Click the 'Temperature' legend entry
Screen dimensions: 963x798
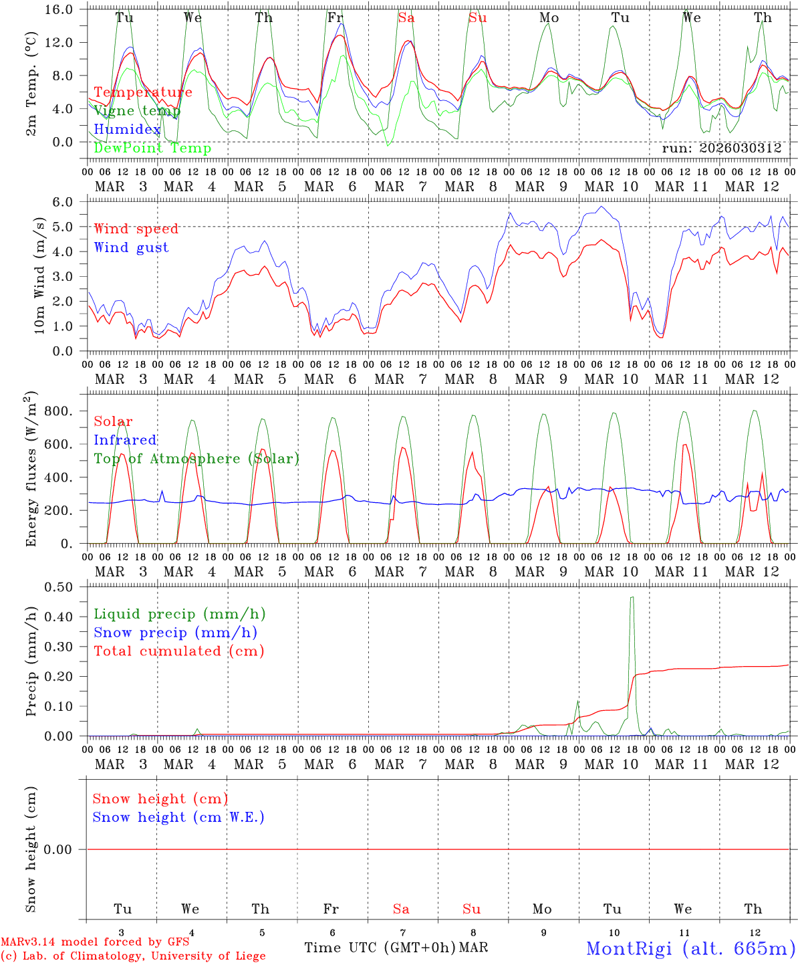(142, 92)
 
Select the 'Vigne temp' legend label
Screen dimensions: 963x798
(136, 111)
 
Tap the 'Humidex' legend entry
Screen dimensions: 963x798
(127, 129)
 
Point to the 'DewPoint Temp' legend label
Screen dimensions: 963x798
(152, 148)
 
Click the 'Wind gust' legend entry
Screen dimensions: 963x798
(131, 247)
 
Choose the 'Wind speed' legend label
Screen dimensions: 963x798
(136, 229)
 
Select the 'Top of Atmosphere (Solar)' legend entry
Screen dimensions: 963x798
(196, 459)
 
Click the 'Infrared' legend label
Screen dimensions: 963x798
(125, 440)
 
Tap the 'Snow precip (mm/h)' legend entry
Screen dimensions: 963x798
(175, 633)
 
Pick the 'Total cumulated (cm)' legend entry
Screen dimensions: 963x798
(178, 651)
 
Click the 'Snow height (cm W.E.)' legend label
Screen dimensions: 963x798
(178, 817)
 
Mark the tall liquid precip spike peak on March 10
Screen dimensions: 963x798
(632, 597)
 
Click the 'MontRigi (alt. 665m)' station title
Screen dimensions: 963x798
(690, 948)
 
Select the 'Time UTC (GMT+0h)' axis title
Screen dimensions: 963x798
(380, 948)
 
